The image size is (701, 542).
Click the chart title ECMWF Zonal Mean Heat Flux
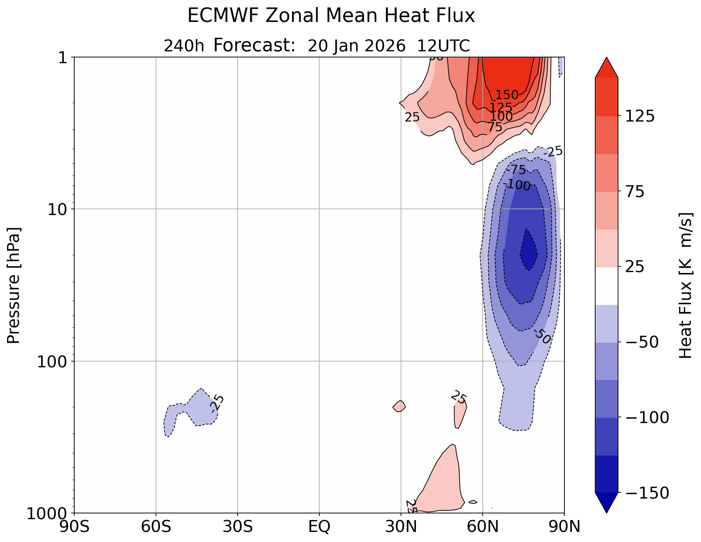click(x=331, y=16)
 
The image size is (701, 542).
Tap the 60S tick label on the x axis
click(x=156, y=527)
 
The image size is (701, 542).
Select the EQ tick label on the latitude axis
click(x=319, y=527)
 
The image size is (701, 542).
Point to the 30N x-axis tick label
click(x=401, y=527)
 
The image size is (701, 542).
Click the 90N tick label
click(x=564, y=527)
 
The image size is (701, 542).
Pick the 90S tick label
click(x=74, y=527)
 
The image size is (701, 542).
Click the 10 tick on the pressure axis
click(x=60, y=209)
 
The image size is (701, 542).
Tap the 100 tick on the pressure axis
click(x=54, y=362)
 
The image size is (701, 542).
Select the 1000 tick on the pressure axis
click(x=49, y=513)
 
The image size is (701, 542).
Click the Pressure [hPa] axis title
click(x=14, y=285)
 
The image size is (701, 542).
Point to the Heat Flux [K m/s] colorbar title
click(x=686, y=285)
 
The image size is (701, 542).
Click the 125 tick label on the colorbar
click(x=639, y=116)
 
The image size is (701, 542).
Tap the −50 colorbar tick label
click(x=639, y=342)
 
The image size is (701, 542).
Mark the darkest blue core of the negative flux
click(x=528, y=252)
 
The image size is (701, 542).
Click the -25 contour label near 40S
click(x=217, y=403)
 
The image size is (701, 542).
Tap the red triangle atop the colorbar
click(x=607, y=67)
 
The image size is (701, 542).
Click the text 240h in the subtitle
click(x=184, y=46)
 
